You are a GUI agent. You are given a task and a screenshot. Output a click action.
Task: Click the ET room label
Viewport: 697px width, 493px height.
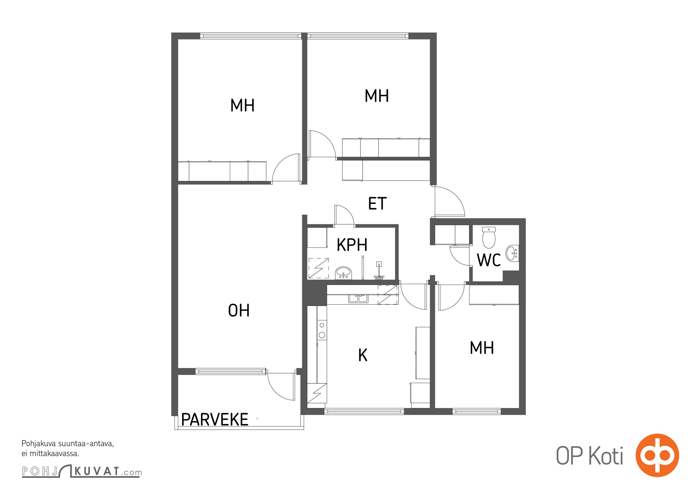click(377, 203)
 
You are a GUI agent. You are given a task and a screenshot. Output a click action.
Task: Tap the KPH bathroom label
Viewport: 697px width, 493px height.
click(352, 245)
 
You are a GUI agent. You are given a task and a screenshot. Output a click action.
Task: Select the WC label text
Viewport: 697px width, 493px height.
click(489, 260)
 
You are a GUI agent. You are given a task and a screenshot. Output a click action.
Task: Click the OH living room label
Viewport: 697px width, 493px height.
click(238, 310)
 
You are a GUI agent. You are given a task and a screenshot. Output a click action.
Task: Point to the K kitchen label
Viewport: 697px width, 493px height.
click(363, 355)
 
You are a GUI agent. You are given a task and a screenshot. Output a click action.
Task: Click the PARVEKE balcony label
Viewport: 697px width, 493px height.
click(215, 419)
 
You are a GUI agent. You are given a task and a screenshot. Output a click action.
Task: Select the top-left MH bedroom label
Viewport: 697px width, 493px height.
click(243, 105)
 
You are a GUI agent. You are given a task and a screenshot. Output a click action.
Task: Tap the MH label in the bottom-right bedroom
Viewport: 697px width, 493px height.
click(482, 348)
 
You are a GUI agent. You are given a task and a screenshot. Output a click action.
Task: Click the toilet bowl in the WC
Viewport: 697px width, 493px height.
click(489, 237)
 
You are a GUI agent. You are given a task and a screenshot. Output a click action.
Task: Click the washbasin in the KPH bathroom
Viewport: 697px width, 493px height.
click(343, 273)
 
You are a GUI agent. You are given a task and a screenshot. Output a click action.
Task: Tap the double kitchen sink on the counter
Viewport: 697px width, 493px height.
click(358, 298)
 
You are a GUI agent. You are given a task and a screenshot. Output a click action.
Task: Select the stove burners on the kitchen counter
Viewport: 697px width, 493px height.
click(322, 330)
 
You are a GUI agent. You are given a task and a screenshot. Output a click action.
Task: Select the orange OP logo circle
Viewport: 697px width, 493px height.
click(657, 455)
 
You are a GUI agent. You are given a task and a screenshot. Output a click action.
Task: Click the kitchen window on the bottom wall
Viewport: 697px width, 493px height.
click(364, 411)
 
